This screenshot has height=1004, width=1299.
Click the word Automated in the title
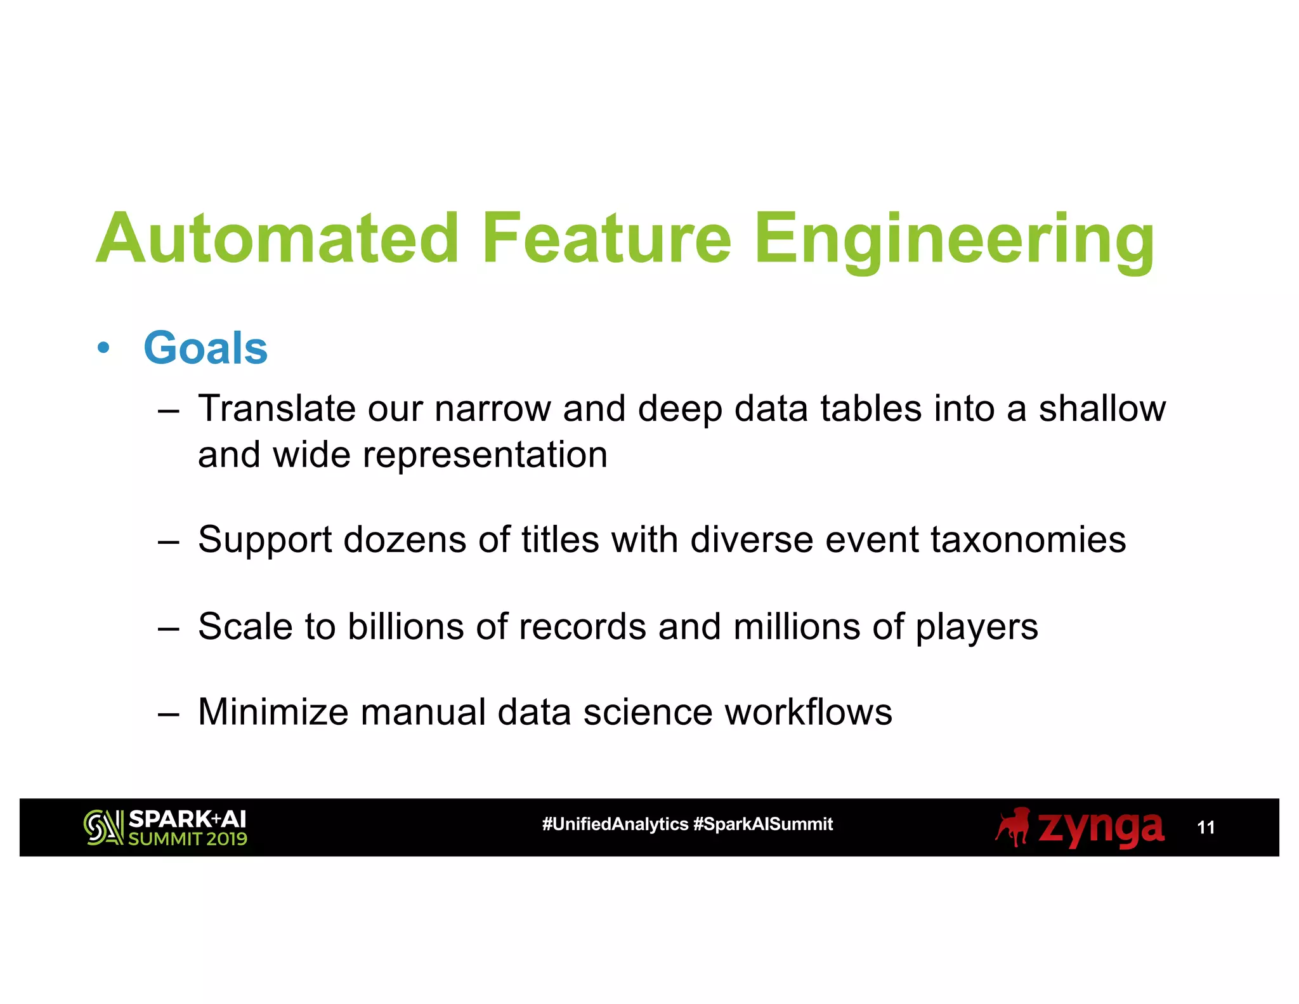tap(277, 239)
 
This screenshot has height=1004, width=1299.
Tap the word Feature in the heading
tap(607, 239)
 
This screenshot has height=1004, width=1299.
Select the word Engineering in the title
tap(954, 241)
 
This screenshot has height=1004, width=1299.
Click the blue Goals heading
tap(206, 348)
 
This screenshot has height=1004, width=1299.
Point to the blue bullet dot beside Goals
tap(103, 348)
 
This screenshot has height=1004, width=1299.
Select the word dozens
tap(405, 540)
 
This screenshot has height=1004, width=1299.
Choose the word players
tap(977, 628)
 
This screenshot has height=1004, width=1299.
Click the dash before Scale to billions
tap(168, 628)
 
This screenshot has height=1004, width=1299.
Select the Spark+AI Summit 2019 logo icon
tap(103, 828)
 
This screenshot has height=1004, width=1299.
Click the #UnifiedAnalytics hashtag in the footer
tap(615, 824)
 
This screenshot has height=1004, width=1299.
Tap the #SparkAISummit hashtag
tap(763, 824)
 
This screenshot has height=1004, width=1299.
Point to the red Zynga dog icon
tap(1013, 827)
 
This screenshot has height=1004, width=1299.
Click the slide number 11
tap(1205, 828)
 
